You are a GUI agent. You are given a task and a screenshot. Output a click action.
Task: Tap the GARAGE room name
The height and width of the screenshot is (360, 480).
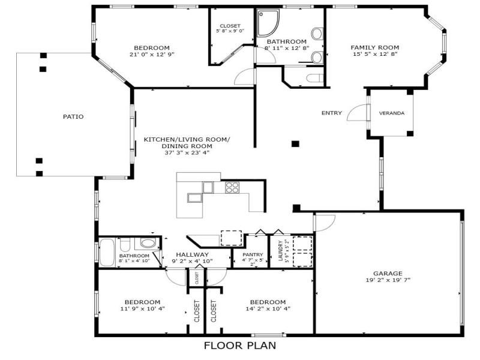388,273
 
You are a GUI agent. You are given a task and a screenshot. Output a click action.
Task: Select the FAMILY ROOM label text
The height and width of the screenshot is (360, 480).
374,47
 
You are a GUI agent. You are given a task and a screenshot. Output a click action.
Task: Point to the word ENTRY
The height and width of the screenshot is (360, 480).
332,113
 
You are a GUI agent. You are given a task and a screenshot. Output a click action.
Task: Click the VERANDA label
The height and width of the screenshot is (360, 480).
391,113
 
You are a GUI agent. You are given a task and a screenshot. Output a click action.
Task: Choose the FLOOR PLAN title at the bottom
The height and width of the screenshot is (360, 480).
240,345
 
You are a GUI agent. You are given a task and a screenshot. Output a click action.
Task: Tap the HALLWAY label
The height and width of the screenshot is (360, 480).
192,254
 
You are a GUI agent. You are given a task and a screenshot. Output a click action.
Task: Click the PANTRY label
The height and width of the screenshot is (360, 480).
253,254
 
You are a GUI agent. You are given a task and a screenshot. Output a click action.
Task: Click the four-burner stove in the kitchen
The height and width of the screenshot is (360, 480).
232,187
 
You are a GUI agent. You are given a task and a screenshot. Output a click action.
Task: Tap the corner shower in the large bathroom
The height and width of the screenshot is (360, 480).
267,23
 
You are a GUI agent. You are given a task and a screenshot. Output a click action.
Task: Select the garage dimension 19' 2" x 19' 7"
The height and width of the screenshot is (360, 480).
388,280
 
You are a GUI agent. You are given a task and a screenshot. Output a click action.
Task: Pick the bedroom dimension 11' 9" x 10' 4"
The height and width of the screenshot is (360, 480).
142,308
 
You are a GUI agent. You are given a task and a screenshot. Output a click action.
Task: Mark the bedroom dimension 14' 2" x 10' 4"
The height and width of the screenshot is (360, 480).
268,308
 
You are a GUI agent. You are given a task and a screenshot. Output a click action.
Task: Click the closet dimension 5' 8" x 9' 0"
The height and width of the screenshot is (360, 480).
230,31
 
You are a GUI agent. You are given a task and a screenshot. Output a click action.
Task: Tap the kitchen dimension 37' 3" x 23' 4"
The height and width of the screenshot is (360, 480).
186,152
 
